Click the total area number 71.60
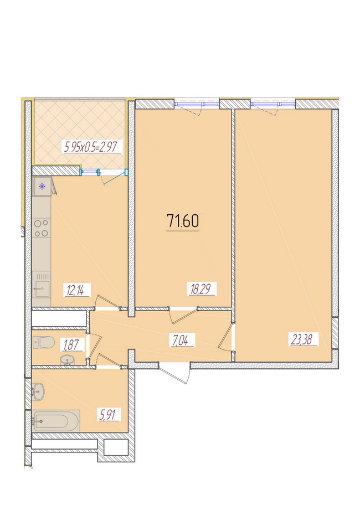coord(183,221)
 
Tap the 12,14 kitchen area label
coord(77,290)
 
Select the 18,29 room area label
coord(202,289)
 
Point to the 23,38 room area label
coord(303,339)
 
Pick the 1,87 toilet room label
coord(71,344)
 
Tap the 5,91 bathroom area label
coord(109,415)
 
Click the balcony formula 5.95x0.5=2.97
coord(92,147)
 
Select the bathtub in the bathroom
coord(56,421)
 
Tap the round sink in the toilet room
coord(69,360)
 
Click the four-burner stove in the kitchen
coord(42,228)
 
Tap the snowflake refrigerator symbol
coord(42,187)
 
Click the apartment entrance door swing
coord(174,373)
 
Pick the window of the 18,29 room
coord(197,104)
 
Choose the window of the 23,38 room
coord(272,104)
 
